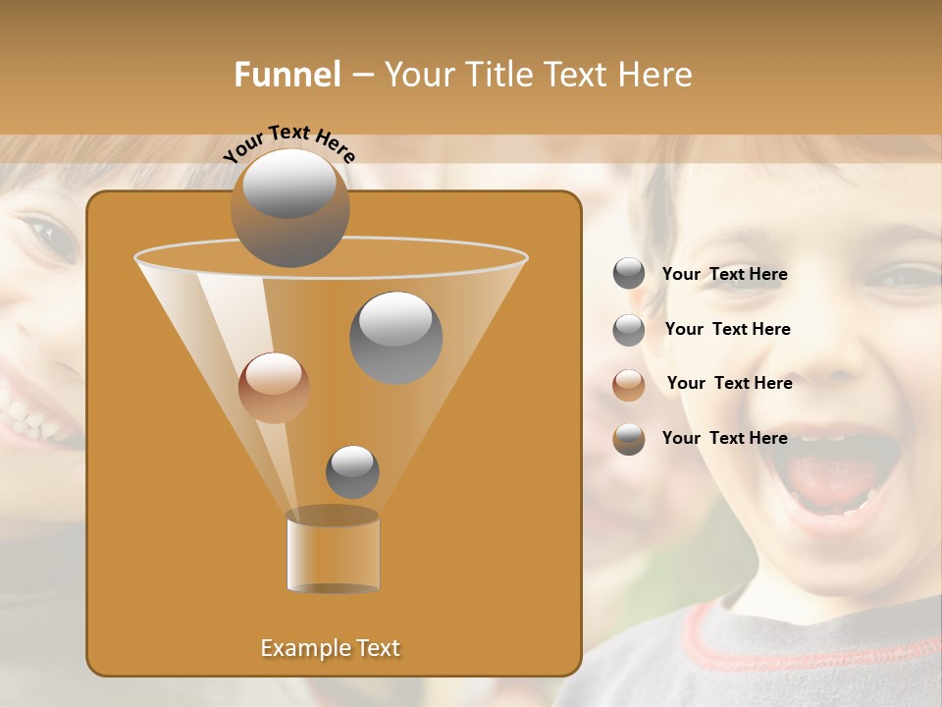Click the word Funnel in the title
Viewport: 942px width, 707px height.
(x=287, y=75)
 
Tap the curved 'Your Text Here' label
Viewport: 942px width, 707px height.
(x=289, y=143)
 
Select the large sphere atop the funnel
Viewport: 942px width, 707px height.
(x=289, y=207)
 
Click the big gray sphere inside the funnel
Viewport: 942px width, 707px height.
(x=395, y=337)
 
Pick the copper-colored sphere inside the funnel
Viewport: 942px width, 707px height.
(x=274, y=388)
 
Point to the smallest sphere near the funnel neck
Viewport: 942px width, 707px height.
(x=352, y=471)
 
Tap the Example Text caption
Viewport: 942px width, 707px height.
(x=331, y=648)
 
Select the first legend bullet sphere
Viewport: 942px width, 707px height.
(x=629, y=274)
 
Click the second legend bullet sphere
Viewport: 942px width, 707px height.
(x=629, y=330)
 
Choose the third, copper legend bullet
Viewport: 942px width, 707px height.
(x=629, y=385)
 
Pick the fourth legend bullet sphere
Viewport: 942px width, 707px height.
(x=629, y=439)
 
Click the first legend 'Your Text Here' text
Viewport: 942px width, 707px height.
(x=724, y=275)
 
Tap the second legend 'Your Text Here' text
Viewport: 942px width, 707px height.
(x=727, y=330)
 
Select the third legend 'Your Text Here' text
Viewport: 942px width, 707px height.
(x=729, y=384)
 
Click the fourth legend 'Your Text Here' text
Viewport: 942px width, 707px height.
(x=724, y=438)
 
